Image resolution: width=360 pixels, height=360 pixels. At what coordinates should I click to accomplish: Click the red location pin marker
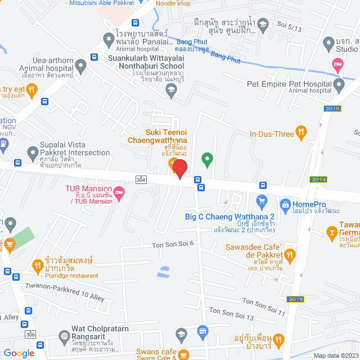(179, 169)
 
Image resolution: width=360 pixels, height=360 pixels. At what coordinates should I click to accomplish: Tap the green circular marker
(207, 160)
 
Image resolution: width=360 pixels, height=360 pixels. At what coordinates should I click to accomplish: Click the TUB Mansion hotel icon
(120, 193)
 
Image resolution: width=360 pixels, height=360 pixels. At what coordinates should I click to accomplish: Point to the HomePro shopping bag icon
(285, 204)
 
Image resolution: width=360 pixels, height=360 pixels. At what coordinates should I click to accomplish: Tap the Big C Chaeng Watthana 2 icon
(261, 201)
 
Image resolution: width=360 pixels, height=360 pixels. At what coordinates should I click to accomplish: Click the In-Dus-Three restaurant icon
(301, 133)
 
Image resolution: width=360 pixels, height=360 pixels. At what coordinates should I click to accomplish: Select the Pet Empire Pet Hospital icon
(339, 85)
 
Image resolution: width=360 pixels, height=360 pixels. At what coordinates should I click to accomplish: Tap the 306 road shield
(30, 334)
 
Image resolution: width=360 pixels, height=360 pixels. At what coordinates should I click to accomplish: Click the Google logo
(19, 353)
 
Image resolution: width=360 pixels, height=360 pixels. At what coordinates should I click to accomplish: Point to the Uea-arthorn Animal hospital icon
(80, 66)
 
